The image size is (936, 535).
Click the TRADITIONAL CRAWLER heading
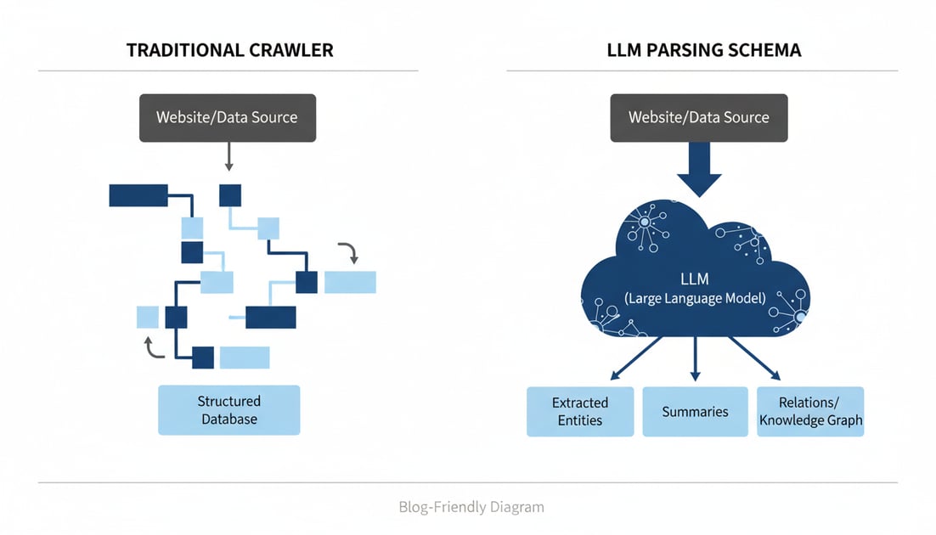tap(229, 50)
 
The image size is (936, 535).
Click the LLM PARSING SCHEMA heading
tap(703, 50)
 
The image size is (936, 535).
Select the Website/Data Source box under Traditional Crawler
tap(227, 117)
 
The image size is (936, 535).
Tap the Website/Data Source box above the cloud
tap(698, 117)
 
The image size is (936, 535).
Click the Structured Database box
tap(228, 410)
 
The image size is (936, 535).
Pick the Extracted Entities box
tap(580, 411)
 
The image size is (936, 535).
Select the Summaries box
tap(695, 411)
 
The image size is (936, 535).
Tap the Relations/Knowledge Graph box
tap(810, 411)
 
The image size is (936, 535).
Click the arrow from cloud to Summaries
tap(695, 357)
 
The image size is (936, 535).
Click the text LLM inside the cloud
tap(695, 279)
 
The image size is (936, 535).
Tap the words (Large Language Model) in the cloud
tap(695, 299)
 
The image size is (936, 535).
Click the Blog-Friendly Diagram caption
tap(471, 507)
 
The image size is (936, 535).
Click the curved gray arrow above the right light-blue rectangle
tap(349, 251)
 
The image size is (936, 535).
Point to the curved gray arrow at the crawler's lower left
tap(153, 347)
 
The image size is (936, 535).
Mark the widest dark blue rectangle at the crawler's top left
tap(138, 194)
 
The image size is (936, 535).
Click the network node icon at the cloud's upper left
tap(643, 223)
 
